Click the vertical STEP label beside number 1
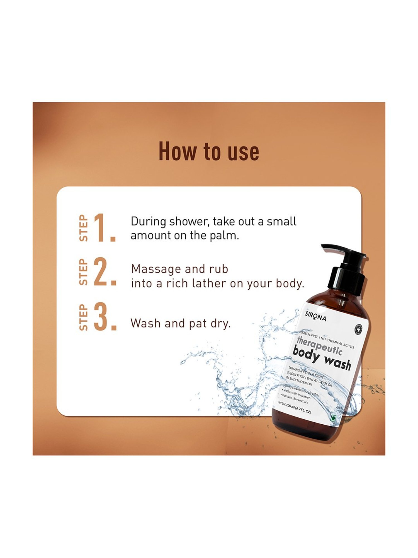coord(83,228)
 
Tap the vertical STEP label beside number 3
coord(83,317)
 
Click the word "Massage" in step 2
coord(156,269)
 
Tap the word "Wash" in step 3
coord(145,324)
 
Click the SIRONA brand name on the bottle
coord(315,316)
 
